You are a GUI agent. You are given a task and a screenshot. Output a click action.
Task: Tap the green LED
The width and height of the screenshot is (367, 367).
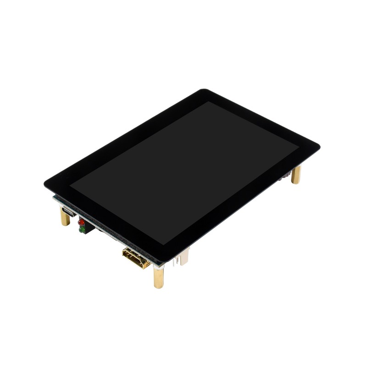point(81,230)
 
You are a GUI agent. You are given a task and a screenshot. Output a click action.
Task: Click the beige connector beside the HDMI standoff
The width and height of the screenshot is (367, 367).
point(184,258)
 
